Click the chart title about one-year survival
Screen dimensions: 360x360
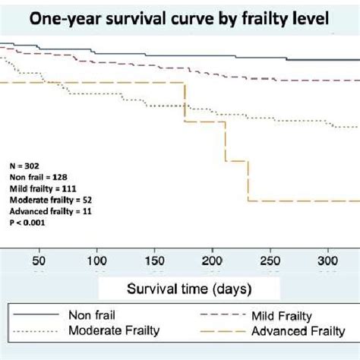pyautogui.click(x=179, y=20)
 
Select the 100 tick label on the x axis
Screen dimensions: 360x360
pyautogui.click(x=96, y=257)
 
